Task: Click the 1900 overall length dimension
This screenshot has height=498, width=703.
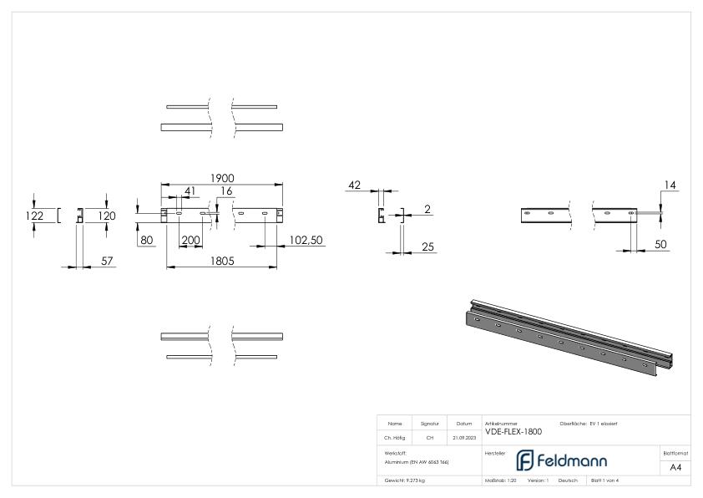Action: pos(222,178)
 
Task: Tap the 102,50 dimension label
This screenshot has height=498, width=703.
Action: pos(306,240)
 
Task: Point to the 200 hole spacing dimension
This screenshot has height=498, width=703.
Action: pos(191,240)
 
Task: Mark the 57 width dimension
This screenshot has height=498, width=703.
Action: pos(107,262)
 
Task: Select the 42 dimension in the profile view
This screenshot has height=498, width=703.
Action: pos(354,185)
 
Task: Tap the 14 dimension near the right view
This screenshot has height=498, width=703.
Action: pos(671,185)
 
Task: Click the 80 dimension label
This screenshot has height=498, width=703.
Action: pos(147,240)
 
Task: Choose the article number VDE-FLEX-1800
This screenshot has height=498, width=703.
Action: pos(513,432)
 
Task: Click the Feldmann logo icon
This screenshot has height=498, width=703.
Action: pos(524,460)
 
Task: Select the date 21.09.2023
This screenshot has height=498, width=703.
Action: pos(463,437)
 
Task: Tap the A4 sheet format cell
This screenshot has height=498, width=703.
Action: pos(675,467)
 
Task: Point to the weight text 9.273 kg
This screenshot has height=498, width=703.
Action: pos(405,480)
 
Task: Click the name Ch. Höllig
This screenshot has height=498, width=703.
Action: pos(395,437)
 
